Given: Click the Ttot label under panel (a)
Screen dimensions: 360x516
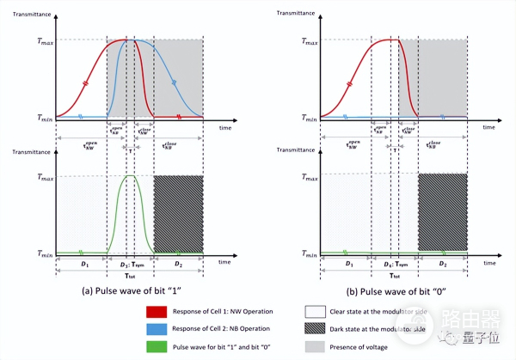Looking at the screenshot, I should point(129,277).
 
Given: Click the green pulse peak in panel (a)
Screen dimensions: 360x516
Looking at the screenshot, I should point(131,177).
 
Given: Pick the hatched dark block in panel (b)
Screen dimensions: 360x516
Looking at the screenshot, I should point(442,213).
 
